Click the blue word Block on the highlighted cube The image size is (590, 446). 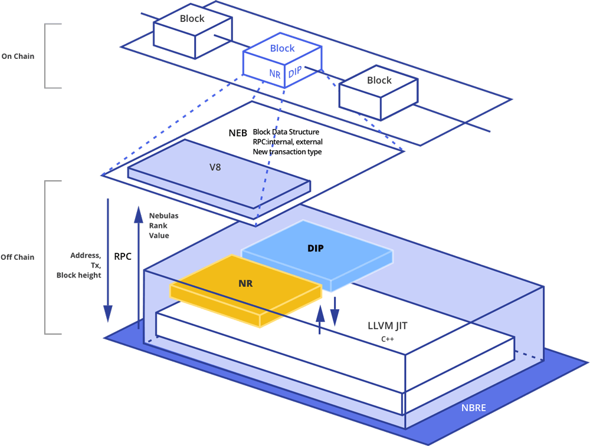click(282, 48)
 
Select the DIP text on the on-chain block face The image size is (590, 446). click(295, 72)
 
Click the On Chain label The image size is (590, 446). click(18, 57)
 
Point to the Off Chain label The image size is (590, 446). click(18, 257)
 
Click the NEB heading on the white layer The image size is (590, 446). click(238, 133)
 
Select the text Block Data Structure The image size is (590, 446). click(286, 132)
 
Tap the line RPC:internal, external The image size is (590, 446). click(287, 142)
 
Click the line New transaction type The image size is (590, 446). click(287, 152)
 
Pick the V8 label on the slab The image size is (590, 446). click(216, 167)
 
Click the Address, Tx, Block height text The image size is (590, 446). click(81, 265)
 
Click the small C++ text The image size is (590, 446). click(388, 340)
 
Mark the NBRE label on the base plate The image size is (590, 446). click(474, 407)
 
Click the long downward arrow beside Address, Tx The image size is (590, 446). click(108, 259)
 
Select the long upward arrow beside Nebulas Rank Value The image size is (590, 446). click(138, 265)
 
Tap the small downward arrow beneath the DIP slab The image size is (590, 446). click(334, 310)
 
